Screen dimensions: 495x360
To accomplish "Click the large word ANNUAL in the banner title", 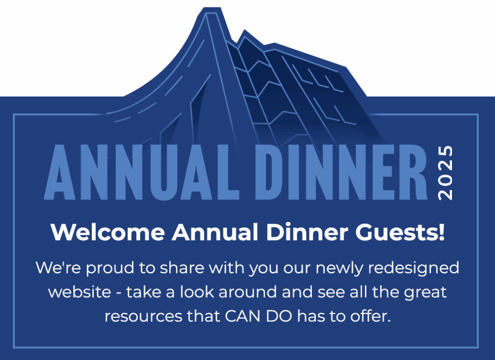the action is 142,172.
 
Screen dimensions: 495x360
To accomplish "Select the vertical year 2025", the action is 445,173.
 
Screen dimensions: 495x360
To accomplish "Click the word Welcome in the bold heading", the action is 108,232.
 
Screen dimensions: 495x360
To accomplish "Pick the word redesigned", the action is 414,269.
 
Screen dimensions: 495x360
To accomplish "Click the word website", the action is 80,292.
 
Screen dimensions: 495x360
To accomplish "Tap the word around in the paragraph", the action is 247,292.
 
